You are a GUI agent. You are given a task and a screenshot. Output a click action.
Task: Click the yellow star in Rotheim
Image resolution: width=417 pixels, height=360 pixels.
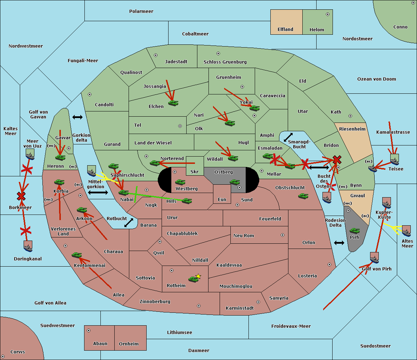(x=198, y=276)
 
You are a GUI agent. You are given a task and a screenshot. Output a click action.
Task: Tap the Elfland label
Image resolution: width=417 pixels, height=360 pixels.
(x=285, y=30)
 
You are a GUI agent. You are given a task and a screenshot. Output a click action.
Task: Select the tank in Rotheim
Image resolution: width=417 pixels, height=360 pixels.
(x=193, y=279)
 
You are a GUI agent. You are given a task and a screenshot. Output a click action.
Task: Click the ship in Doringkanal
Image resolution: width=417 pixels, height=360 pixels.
(x=28, y=246)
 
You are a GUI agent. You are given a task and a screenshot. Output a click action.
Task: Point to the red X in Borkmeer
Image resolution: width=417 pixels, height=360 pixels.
(x=21, y=196)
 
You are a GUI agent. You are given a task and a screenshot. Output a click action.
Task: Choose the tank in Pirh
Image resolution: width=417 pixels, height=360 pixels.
(x=354, y=231)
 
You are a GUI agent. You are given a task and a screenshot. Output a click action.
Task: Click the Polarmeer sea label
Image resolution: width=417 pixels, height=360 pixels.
(x=141, y=11)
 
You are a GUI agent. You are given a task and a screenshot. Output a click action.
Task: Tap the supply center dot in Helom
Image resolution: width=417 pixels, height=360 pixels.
(x=327, y=14)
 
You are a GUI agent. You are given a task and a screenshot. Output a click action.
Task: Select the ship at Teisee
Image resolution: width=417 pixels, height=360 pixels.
(x=394, y=159)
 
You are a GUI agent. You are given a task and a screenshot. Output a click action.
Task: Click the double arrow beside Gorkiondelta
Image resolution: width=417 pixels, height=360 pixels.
(x=77, y=117)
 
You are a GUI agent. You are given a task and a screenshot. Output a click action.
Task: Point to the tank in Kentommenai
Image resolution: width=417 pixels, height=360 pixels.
(x=76, y=255)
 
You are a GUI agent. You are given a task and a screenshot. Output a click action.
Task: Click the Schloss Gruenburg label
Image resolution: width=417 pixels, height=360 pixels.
(x=225, y=62)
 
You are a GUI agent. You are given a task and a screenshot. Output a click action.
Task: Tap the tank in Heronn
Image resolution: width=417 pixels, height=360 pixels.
(x=60, y=157)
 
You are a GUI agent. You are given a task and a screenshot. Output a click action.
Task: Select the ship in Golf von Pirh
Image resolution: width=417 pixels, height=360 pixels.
(x=374, y=258)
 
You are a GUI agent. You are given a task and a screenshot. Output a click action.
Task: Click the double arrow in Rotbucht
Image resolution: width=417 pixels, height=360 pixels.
(x=129, y=223)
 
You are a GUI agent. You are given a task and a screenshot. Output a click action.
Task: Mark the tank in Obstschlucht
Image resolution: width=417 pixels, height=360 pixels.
(x=303, y=196)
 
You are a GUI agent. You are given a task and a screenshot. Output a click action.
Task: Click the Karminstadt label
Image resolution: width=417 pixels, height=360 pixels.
(x=240, y=308)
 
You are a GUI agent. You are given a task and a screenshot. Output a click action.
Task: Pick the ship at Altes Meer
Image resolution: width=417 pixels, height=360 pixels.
(x=406, y=231)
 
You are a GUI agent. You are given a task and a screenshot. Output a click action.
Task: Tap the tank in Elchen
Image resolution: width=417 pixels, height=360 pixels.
(x=173, y=103)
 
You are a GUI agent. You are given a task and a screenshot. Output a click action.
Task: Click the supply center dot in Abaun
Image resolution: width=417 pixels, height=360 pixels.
(x=89, y=330)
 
